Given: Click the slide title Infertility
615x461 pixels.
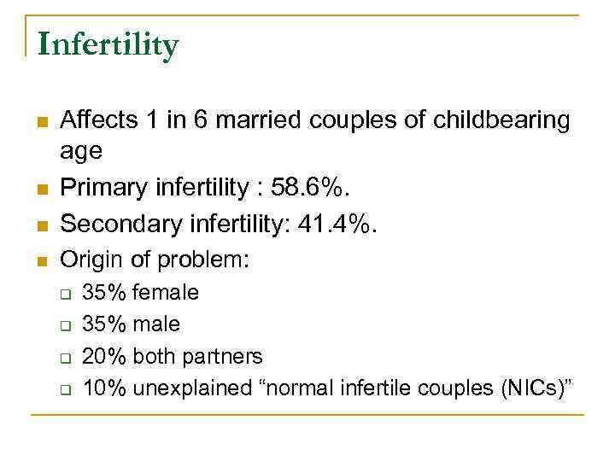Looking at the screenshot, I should pos(108,44).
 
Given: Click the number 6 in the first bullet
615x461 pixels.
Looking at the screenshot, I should pos(201,120).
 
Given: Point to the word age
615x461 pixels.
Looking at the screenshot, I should pos(81,152).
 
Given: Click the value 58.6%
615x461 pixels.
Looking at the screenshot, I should pos(326,188).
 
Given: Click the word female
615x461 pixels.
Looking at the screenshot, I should pos(166,293).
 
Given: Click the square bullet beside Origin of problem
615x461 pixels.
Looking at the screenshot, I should pos(39,260).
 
